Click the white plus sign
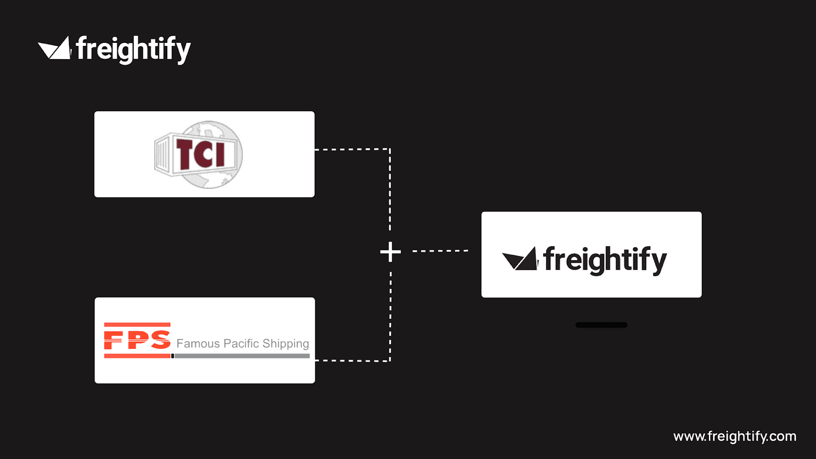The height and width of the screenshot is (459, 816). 391,252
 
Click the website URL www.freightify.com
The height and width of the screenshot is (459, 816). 734,437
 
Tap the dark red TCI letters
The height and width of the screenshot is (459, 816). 200,154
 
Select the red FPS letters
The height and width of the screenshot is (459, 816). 137,340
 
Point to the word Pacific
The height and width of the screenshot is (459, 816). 241,344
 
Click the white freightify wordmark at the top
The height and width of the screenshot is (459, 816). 134,49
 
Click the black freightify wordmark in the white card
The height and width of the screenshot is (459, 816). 605,260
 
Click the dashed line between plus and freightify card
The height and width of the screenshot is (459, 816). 440,251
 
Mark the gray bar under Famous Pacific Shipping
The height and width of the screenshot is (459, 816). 242,356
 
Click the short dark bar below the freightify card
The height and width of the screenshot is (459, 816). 601,325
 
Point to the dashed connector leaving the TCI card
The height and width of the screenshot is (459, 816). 352,149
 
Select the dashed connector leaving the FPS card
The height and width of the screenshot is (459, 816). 352,361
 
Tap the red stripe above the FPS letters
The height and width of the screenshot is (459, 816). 137,325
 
